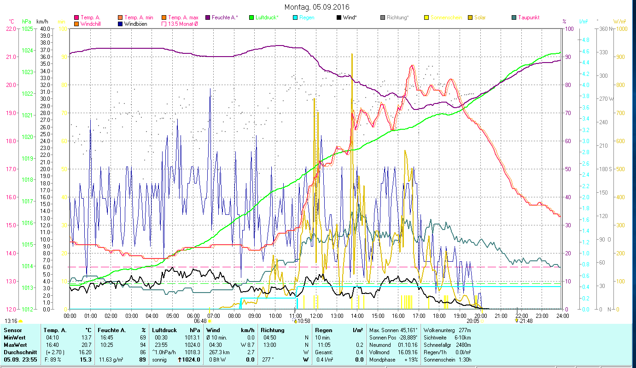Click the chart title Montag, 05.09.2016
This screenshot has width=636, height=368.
[317, 7]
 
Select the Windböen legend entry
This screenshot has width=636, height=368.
[135, 23]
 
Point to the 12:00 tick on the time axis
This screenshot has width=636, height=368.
[316, 316]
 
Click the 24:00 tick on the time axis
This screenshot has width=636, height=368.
[562, 316]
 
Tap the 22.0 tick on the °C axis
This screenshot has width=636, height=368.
[11, 29]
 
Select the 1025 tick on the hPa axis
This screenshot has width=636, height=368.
[27, 29]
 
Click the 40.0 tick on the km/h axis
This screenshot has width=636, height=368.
[44, 29]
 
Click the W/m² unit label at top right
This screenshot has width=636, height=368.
[619, 21]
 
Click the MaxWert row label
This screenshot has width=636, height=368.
[15, 345]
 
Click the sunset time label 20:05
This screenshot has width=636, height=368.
[473, 322]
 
